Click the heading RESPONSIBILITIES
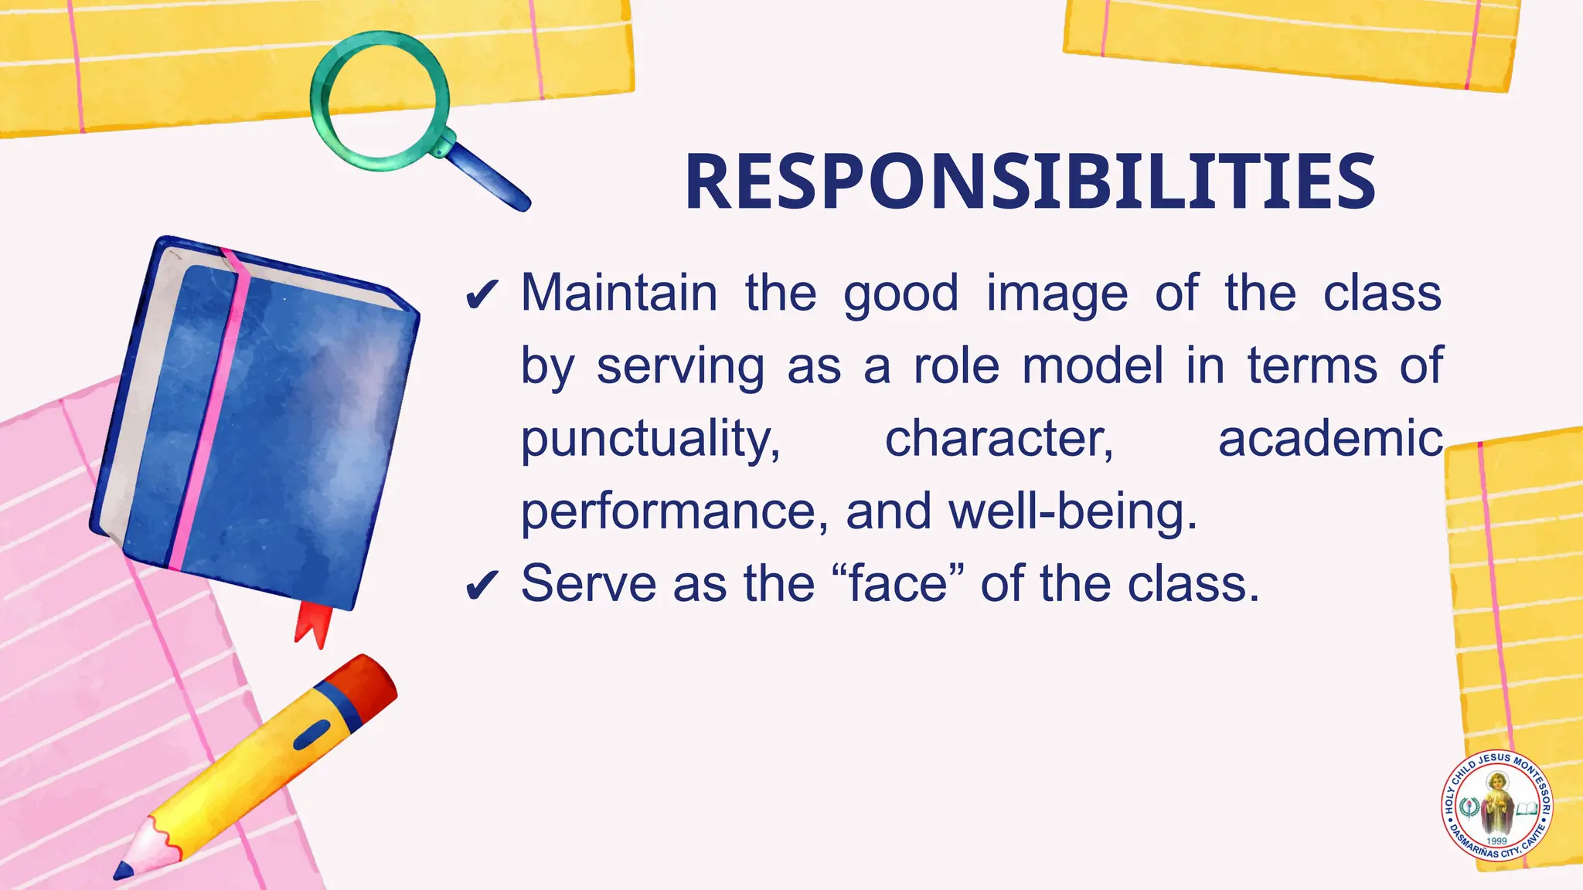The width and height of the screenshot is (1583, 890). point(1030,182)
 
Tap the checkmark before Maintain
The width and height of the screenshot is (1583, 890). point(482,294)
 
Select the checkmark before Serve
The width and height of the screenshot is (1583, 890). point(482,585)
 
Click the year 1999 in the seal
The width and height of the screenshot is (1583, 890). point(1497,841)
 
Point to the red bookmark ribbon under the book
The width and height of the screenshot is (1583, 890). point(314,623)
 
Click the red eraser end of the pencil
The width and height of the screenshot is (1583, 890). point(370,681)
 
